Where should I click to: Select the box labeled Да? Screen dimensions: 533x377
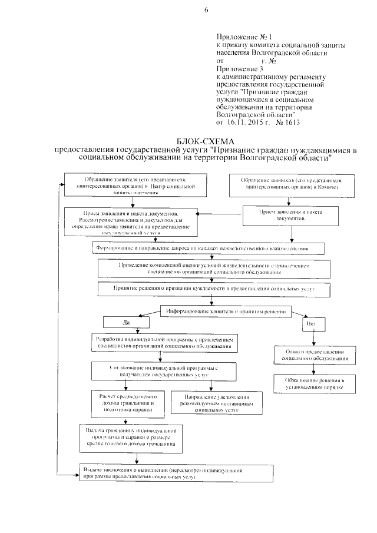tap(125, 322)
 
